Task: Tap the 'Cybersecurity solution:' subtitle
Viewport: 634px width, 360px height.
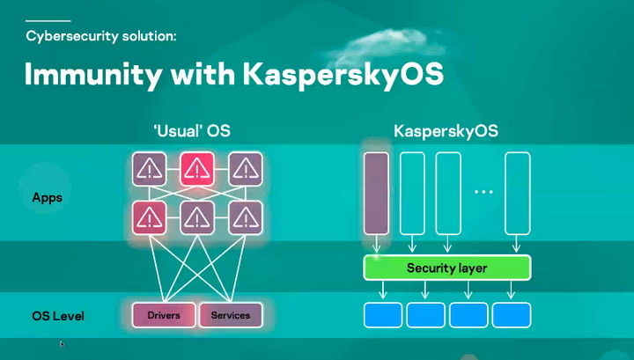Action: (x=101, y=36)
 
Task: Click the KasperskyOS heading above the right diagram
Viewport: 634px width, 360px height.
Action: (x=446, y=131)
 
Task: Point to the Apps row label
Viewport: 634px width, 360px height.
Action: (x=47, y=197)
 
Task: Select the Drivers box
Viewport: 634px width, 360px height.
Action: (x=164, y=315)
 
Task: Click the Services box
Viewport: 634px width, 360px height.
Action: (x=231, y=315)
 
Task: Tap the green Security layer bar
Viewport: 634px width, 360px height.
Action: (x=446, y=268)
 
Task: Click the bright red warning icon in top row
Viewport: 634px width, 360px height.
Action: (x=197, y=168)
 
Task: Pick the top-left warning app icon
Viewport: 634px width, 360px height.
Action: (x=149, y=168)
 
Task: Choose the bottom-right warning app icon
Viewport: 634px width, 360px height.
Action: (x=246, y=217)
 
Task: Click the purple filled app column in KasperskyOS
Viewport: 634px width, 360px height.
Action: (x=376, y=192)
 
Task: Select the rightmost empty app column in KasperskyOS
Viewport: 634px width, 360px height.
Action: (x=517, y=192)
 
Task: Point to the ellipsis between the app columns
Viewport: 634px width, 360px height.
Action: (x=483, y=192)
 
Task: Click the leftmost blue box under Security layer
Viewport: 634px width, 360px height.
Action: (x=382, y=314)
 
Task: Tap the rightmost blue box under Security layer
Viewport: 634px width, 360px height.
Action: (x=511, y=314)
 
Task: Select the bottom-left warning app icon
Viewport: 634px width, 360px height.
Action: (x=149, y=217)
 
